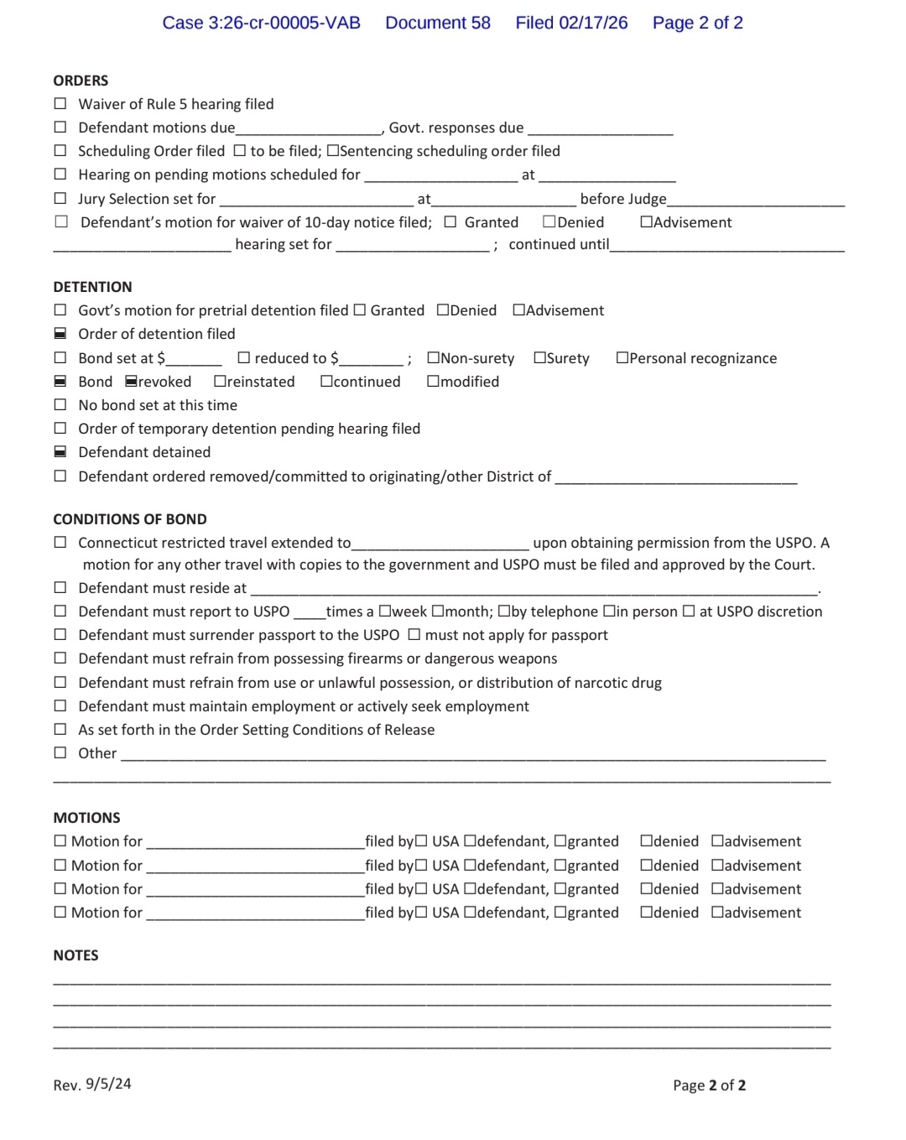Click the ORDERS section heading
81,81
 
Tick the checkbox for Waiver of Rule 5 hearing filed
60,104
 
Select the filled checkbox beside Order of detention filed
60,334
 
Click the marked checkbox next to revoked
131,382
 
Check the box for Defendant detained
60,452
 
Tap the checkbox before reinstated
220,382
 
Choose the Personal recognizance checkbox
622,358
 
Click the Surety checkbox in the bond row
539,358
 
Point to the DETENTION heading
92,287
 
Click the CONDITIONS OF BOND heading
130,519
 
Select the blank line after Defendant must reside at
534,589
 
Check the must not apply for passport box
414,635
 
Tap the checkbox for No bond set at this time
60,405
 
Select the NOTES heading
75,955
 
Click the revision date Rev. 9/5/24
92,1085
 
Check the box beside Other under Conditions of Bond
60,753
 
